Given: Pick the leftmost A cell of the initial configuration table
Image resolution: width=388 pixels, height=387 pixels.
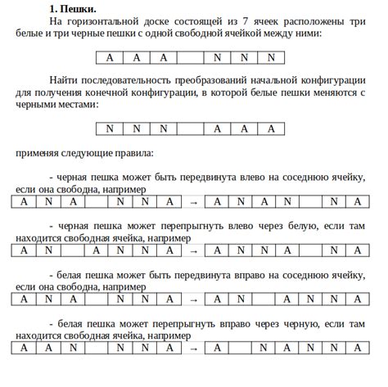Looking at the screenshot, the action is point(110,57).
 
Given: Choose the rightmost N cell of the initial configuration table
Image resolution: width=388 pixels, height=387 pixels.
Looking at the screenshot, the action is point(270,57).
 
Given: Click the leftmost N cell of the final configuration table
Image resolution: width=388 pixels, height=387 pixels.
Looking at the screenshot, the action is point(110,128).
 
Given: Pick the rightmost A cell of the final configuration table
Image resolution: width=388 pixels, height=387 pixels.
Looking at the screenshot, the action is point(270,128).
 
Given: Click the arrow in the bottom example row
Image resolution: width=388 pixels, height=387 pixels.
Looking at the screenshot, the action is point(194,348).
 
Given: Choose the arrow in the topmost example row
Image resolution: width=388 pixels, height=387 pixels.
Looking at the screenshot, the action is point(194,201).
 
